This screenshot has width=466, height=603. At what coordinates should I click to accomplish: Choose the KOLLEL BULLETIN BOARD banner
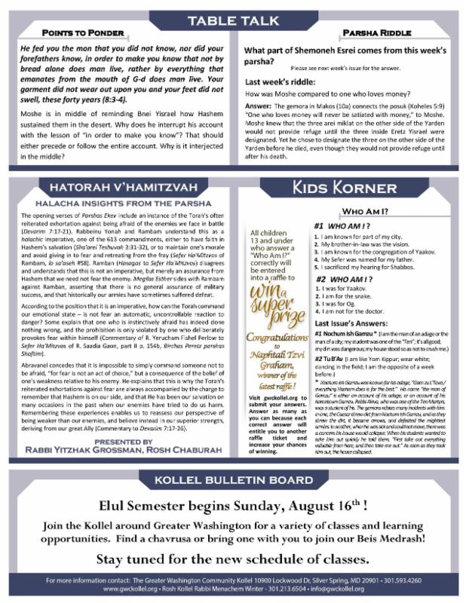[x=232, y=482]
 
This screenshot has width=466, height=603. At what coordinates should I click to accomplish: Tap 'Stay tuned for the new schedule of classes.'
[x=232, y=559]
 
